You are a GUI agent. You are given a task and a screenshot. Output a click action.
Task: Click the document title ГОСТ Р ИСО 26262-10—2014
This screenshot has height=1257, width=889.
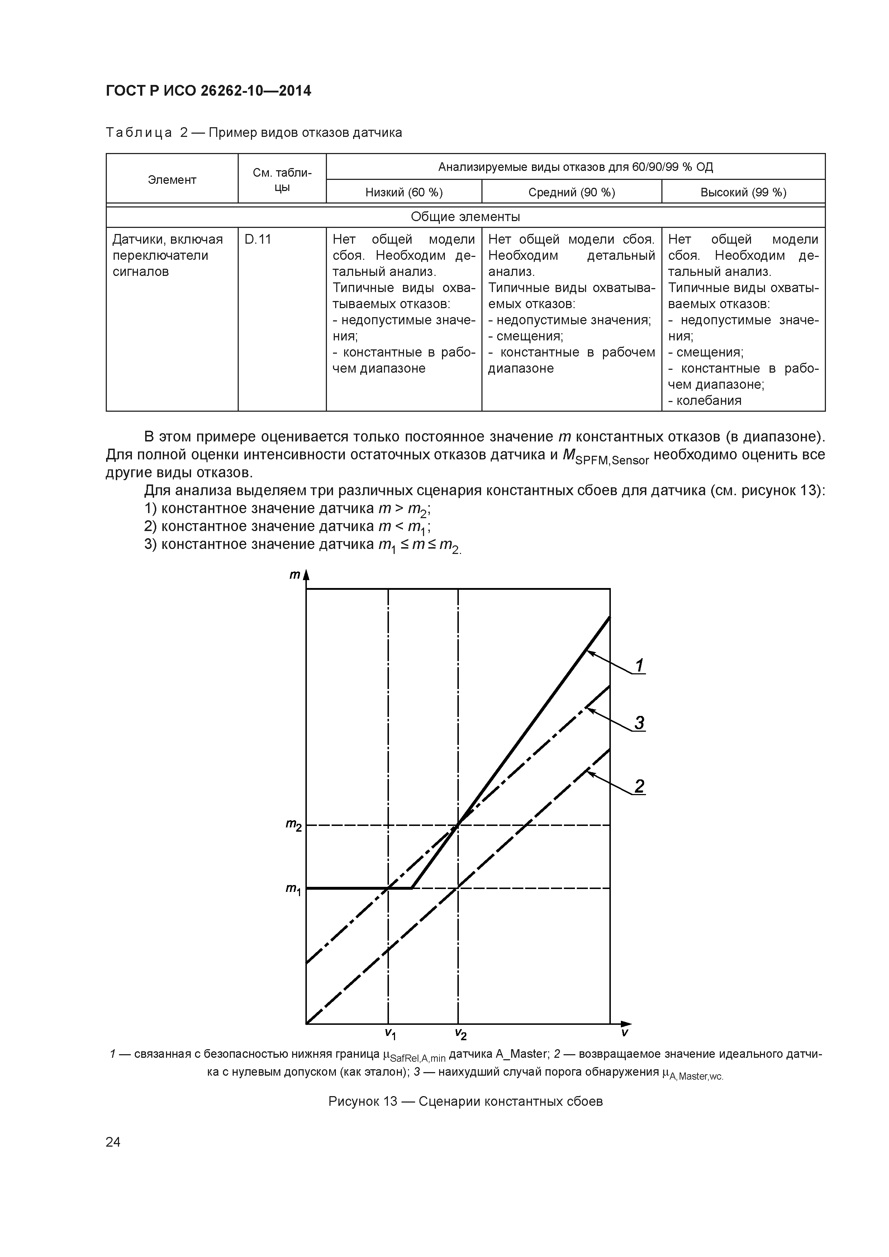pos(208,91)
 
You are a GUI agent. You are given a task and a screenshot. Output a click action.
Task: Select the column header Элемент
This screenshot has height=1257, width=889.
pos(172,180)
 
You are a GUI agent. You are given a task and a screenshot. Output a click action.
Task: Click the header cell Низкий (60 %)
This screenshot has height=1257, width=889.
pos(404,192)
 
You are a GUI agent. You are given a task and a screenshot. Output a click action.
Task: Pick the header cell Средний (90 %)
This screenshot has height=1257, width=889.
pos(571,192)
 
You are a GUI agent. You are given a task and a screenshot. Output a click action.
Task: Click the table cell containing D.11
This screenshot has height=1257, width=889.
pos(258,240)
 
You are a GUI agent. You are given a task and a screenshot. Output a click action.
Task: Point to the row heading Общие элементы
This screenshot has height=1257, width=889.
pos(465,217)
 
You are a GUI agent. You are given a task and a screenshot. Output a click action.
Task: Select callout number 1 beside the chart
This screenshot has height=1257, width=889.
pos(639,665)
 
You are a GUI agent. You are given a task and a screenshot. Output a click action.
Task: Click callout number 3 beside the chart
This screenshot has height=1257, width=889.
pos(639,723)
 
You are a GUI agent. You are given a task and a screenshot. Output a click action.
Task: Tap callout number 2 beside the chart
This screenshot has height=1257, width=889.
pos(639,786)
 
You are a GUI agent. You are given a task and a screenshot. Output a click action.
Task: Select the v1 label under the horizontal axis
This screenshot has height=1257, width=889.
pos(390,1033)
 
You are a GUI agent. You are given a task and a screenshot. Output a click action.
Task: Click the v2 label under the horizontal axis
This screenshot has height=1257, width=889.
pos(460,1033)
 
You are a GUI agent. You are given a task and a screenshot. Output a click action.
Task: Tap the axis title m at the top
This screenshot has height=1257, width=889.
pos(295,575)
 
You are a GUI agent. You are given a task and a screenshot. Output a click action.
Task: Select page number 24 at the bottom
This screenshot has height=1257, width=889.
pos(113,1142)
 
